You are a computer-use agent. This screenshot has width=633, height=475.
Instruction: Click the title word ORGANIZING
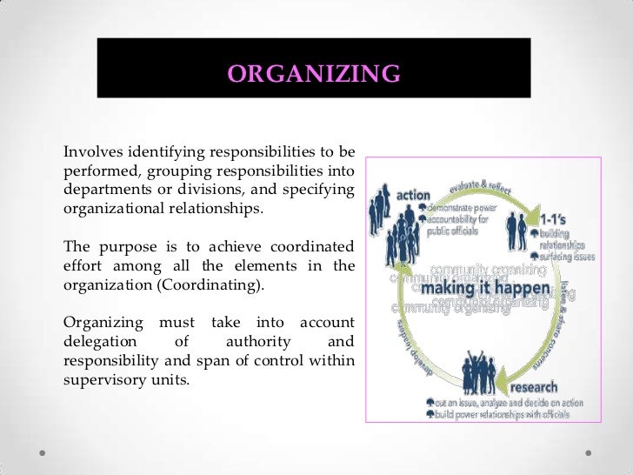[314, 74]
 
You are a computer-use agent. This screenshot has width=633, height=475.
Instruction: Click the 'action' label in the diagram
[414, 195]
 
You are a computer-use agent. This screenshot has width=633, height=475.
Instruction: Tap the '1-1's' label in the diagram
[555, 220]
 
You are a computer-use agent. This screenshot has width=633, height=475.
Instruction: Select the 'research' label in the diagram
[535, 386]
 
